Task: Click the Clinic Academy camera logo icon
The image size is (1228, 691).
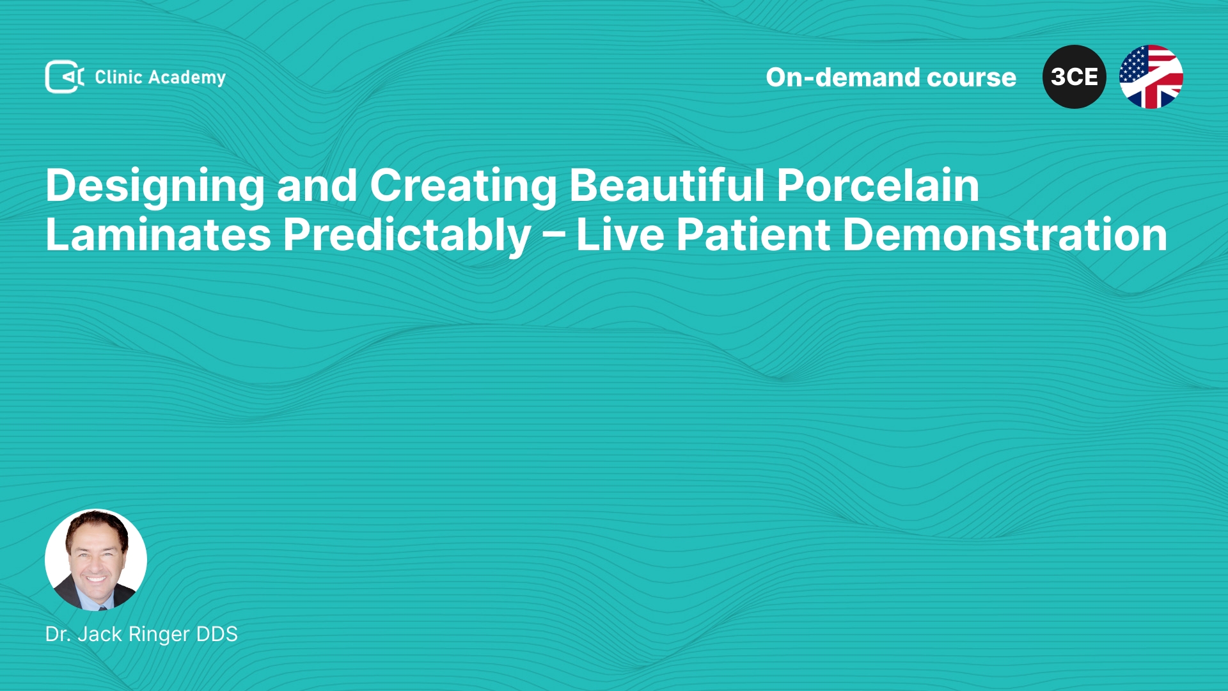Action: [x=65, y=77]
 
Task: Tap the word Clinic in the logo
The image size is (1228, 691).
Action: [x=118, y=77]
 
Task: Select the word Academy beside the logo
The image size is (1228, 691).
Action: [x=187, y=78]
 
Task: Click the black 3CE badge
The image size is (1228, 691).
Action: [x=1074, y=77]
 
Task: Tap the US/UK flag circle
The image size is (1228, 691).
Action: [x=1151, y=77]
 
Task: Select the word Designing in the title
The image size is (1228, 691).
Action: [x=155, y=187]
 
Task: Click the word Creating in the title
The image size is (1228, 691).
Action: [x=464, y=187]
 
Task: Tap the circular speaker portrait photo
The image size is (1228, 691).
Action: [x=96, y=560]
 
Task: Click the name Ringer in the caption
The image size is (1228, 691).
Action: [x=159, y=635]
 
